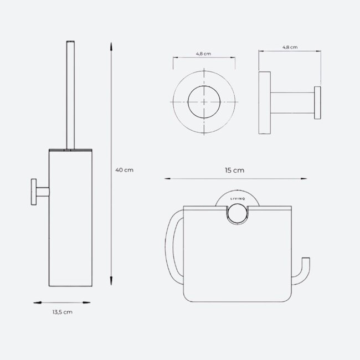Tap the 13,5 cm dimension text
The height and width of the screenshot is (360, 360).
click(x=61, y=312)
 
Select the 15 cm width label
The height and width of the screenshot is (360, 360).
click(x=234, y=170)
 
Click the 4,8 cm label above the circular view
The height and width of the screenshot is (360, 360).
click(x=203, y=54)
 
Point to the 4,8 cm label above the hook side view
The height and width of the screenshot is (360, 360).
click(x=290, y=48)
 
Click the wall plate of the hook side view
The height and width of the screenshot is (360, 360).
click(x=263, y=103)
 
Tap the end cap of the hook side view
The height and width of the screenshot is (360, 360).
click(x=318, y=103)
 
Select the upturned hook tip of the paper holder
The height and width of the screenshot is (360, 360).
click(x=304, y=269)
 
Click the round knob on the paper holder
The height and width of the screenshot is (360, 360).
click(x=238, y=214)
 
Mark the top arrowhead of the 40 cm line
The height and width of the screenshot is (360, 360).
click(x=112, y=44)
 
